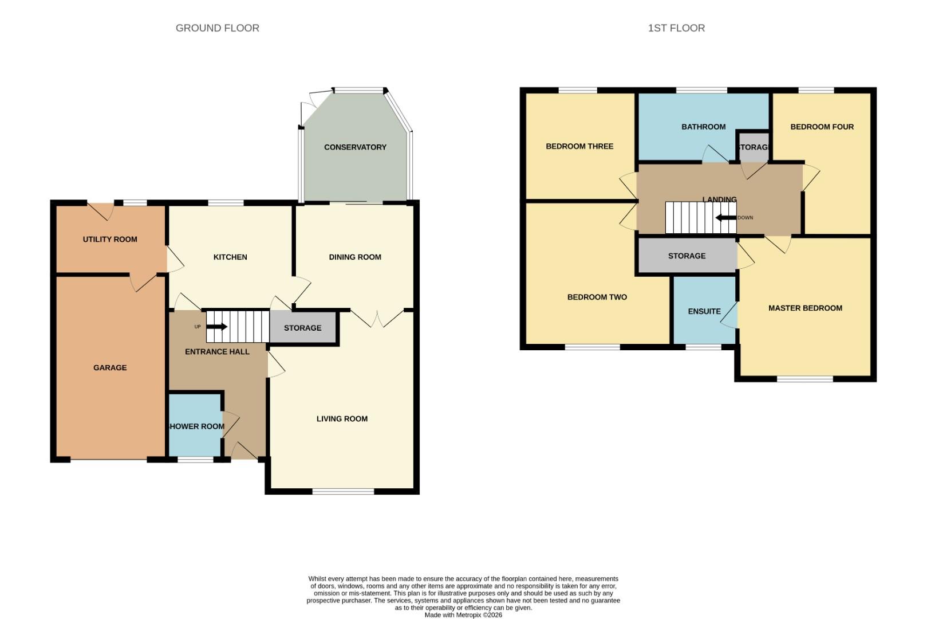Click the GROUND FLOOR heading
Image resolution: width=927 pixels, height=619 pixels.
click(217, 28)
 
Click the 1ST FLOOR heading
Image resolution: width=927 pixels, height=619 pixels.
click(676, 28)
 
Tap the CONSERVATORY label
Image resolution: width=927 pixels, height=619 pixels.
click(355, 147)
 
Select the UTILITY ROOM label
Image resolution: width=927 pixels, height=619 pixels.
click(110, 240)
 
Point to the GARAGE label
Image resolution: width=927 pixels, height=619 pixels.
click(110, 368)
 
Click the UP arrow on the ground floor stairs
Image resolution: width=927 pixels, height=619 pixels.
click(216, 327)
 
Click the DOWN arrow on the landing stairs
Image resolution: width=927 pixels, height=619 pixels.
click(725, 218)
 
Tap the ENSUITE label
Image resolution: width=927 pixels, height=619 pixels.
click(704, 311)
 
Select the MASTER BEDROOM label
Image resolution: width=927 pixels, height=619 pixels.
click(804, 308)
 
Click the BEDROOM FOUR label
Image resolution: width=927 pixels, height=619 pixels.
click(822, 127)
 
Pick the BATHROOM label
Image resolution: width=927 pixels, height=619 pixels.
click(703, 127)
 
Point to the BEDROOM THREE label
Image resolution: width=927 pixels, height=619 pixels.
click(579, 146)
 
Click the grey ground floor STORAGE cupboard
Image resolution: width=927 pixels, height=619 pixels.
click(303, 328)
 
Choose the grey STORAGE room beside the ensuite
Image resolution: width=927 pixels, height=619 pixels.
click(687, 256)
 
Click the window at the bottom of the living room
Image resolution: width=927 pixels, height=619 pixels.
click(343, 491)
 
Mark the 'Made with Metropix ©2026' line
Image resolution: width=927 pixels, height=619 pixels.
click(463, 615)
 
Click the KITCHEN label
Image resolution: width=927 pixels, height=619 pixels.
click(230, 257)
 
